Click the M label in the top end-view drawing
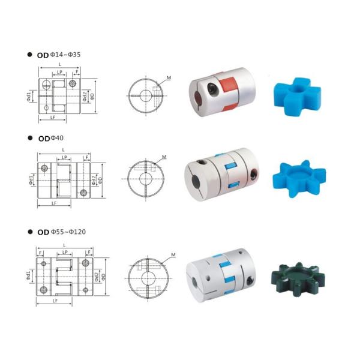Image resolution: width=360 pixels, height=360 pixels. [169, 77]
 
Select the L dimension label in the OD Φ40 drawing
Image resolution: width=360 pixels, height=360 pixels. [64, 150]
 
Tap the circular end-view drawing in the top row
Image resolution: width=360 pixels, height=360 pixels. [145, 96]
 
